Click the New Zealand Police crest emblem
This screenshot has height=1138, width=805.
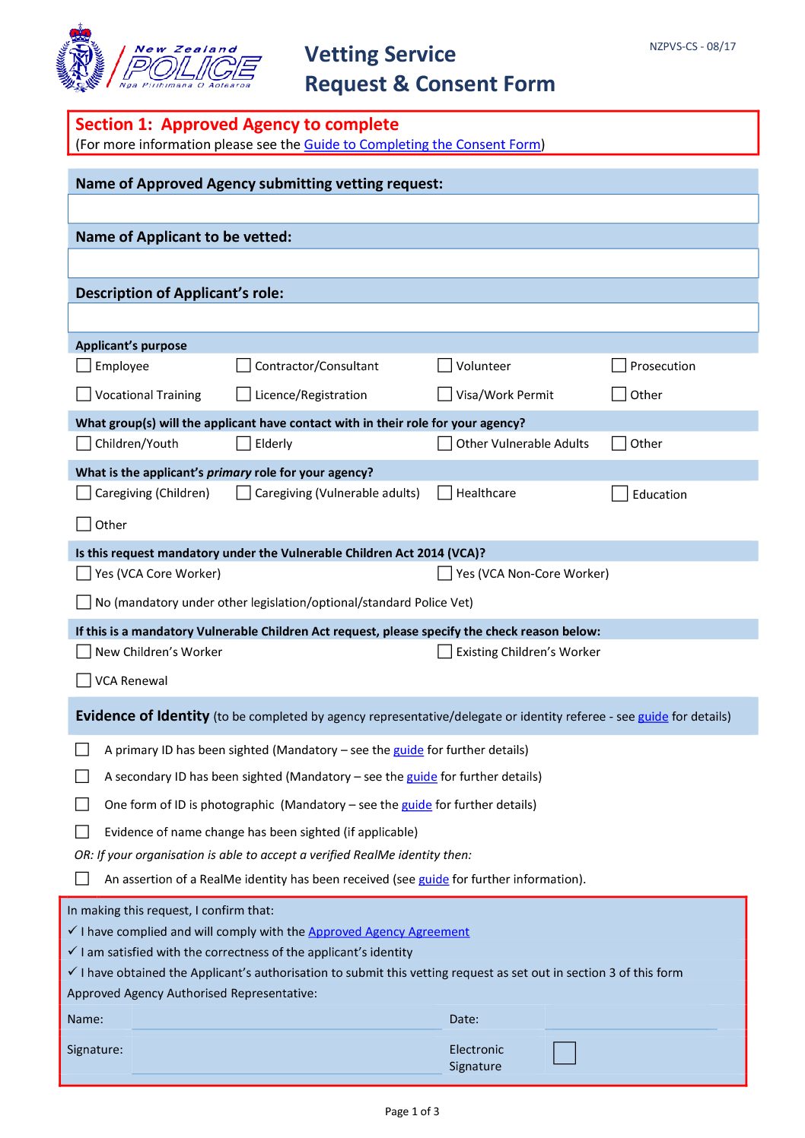coord(80,59)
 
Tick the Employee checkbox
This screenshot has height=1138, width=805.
coord(84,366)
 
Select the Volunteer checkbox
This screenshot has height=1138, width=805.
coord(444,366)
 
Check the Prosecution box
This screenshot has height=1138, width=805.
coord(619,366)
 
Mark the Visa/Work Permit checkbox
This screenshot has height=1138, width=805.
coord(444,394)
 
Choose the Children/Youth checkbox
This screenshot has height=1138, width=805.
coord(84,443)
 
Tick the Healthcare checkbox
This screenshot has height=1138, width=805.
coord(444,493)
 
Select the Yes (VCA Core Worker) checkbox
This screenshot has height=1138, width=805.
coord(84,573)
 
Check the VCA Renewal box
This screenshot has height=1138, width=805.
coord(84,680)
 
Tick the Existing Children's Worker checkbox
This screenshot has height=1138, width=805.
coord(444,651)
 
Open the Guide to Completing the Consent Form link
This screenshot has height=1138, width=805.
coord(422,144)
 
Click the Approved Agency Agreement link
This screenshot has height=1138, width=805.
coord(388,931)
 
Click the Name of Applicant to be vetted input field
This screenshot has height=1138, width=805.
coord(412,263)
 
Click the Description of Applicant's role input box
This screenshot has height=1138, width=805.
coord(412,318)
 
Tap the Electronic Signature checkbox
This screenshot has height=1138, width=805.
coord(564,1053)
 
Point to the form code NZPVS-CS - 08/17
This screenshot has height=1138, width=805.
coord(692,46)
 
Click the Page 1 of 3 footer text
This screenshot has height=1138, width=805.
coord(412,1111)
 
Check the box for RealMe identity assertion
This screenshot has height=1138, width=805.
coord(82,879)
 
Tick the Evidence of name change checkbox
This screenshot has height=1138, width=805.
coord(82,832)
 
